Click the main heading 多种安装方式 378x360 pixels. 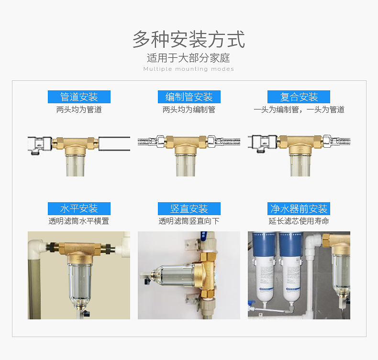click(189, 39)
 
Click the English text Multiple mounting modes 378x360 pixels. click(189, 69)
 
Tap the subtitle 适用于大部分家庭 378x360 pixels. click(189, 58)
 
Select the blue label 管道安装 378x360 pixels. click(79, 97)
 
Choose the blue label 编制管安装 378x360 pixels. click(189, 97)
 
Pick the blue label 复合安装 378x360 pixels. click(299, 97)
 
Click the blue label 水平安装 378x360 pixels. click(79, 208)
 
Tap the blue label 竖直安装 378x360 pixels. click(189, 208)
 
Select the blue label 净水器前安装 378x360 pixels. click(299, 208)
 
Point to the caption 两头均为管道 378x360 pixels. click(79, 109)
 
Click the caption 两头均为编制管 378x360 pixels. click(189, 109)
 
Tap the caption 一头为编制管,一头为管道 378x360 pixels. click(299, 109)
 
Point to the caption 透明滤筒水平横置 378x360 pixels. click(79, 221)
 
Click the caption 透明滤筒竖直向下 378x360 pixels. click(189, 221)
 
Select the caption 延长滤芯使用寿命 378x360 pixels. click(299, 221)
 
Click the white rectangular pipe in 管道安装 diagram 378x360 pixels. click(114, 143)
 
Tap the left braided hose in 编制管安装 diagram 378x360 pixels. click(147, 142)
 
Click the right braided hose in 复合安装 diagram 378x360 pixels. click(340, 141)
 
